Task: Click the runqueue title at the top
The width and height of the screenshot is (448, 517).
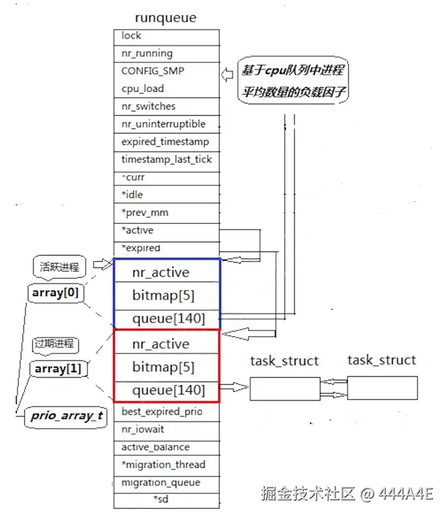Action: click(165, 18)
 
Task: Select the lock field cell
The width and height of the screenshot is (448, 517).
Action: click(166, 37)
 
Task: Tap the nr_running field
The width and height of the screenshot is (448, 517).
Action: click(166, 54)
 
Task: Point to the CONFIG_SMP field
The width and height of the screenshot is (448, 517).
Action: click(166, 71)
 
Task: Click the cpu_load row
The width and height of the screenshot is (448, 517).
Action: click(166, 89)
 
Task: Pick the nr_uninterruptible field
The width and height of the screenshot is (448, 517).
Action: click(166, 124)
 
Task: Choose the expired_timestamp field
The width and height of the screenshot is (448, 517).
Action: click(166, 142)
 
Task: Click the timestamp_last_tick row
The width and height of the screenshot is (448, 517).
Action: click(166, 160)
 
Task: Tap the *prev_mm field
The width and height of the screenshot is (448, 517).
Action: click(166, 213)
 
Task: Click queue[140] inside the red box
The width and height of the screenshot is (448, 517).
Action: click(167, 391)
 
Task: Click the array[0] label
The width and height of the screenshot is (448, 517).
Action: click(55, 293)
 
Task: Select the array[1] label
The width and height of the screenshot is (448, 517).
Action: click(58, 369)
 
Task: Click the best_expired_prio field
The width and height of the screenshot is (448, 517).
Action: click(166, 412)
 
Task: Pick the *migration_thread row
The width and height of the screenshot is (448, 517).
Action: click(166, 465)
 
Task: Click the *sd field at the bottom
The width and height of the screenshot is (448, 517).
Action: click(166, 500)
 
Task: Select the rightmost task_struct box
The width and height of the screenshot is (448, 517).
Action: click(382, 387)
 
